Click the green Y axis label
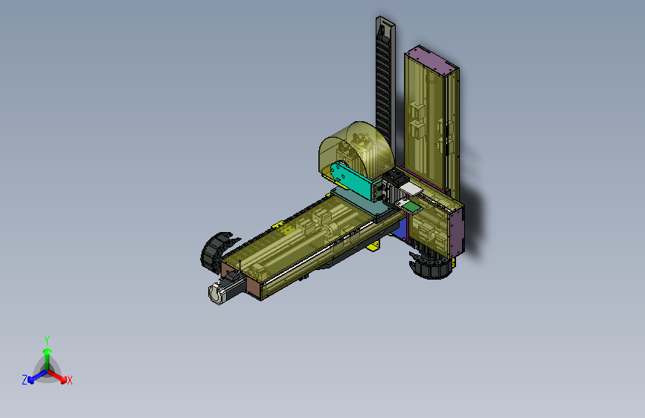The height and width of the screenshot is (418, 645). pyautogui.click(x=47, y=340)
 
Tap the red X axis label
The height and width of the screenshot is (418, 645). pyautogui.click(x=69, y=380)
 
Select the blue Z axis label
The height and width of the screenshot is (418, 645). pyautogui.click(x=25, y=380)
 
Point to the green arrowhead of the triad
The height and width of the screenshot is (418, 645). pyautogui.click(x=48, y=351)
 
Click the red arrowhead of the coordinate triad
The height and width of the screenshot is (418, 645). pyautogui.click(x=63, y=380)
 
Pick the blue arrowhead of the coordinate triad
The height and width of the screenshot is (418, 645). pyautogui.click(x=31, y=380)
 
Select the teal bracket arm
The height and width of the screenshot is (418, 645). pyautogui.click(x=353, y=180)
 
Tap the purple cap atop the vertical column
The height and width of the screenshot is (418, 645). pyautogui.click(x=431, y=59)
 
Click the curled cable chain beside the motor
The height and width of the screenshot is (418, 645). pyautogui.click(x=216, y=250)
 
